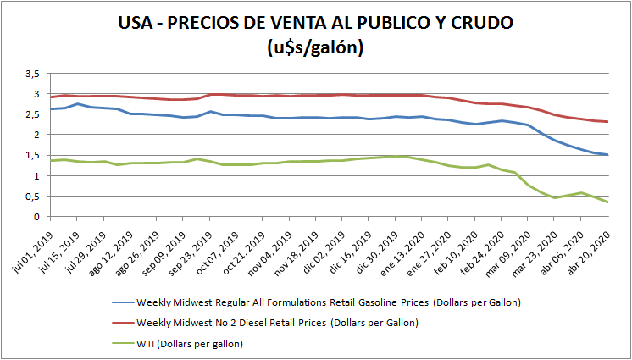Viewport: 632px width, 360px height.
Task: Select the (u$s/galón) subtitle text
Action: tap(315, 47)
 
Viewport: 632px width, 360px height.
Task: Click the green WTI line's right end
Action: tap(607, 202)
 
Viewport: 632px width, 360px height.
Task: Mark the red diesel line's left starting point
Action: tap(51, 97)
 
